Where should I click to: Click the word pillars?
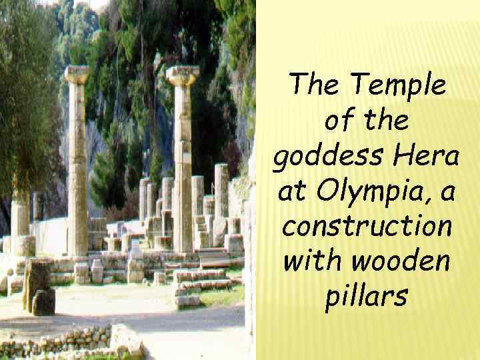click(366, 298)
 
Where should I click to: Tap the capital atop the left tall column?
click(77, 75)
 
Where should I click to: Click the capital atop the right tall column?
click(183, 76)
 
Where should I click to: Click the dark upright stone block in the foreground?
click(39, 286)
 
